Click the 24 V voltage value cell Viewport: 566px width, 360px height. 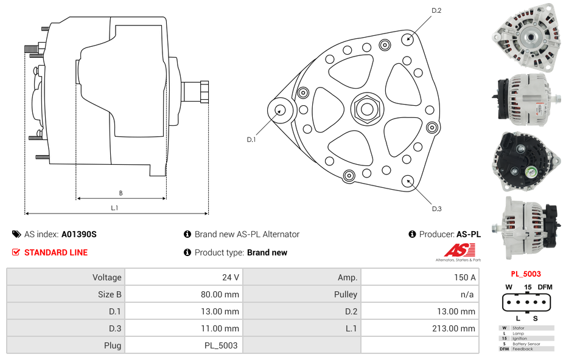tap(230, 277)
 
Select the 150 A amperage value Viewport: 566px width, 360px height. tap(465, 277)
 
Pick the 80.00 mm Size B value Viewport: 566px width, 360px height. tap(220, 294)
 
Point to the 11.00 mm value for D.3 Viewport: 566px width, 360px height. tap(221, 328)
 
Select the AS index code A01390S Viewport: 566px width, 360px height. tap(79, 234)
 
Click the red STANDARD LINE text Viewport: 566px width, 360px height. tap(56, 252)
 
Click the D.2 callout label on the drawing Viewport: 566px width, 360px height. tap(436, 10)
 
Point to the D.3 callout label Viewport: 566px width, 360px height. tap(436, 209)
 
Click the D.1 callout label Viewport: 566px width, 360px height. tap(251, 140)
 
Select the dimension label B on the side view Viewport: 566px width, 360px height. tap(121, 193)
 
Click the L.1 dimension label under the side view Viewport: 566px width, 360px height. tap(114, 208)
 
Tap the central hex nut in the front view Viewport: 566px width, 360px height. tap(366, 109)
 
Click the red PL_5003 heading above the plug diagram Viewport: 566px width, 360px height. tap(526, 274)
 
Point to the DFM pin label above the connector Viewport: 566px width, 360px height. tap(545, 287)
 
